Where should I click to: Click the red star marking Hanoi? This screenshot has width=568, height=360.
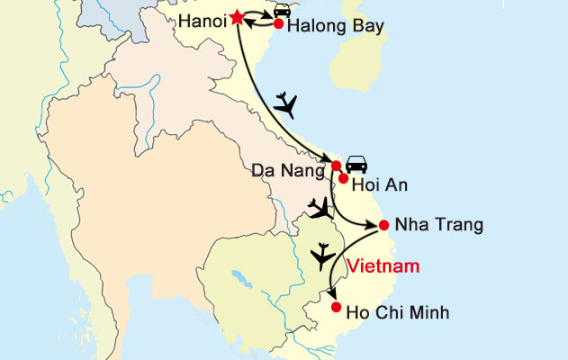coord(237,17)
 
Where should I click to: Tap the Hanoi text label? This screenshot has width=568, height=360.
coord(201,19)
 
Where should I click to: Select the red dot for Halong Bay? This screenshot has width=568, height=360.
coord(278,25)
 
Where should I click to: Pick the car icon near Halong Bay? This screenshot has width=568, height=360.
coord(282,10)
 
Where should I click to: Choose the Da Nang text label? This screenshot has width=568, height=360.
coord(293,168)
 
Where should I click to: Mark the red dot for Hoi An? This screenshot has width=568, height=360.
coord(343,178)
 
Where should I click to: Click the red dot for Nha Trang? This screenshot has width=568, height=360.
coord(384,225)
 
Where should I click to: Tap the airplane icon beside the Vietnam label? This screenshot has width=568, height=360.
coord(321,257)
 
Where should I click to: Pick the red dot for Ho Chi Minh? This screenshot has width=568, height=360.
coord(336,308)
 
